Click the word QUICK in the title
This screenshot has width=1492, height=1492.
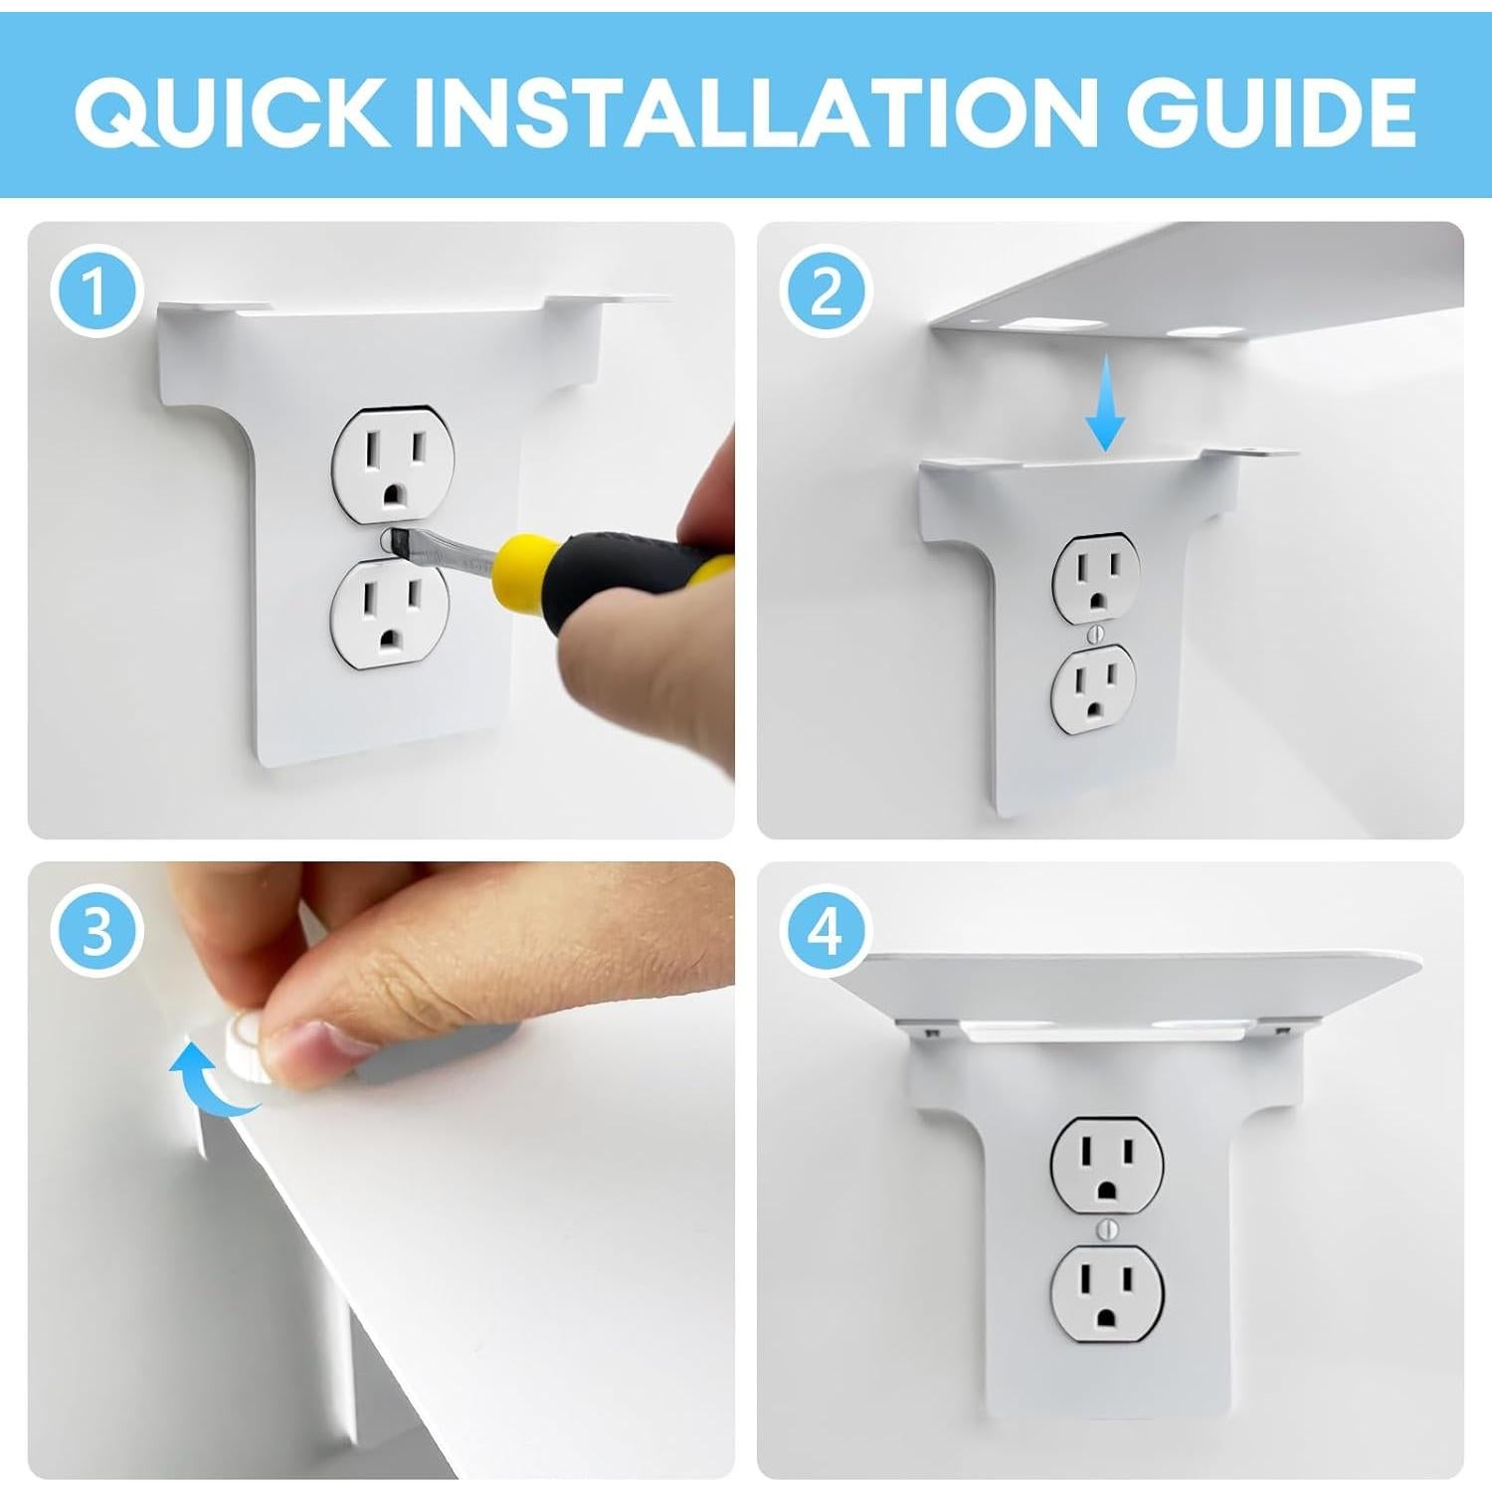232,110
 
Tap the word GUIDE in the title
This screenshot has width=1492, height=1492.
1271,110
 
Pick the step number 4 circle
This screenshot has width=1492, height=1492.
826,932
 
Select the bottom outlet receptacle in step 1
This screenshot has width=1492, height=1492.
391,607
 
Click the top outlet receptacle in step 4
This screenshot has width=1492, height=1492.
1107,1165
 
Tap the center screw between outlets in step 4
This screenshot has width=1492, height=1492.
1108,1230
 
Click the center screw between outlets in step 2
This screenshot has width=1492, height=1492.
1095,632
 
